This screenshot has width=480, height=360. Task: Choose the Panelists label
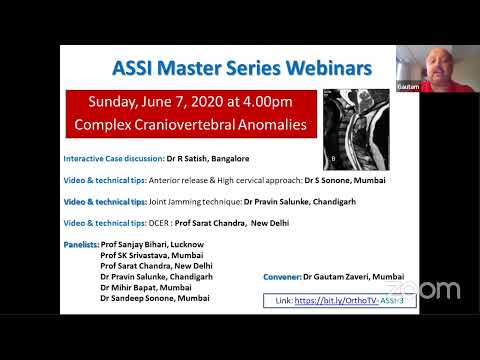(x=81, y=244)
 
